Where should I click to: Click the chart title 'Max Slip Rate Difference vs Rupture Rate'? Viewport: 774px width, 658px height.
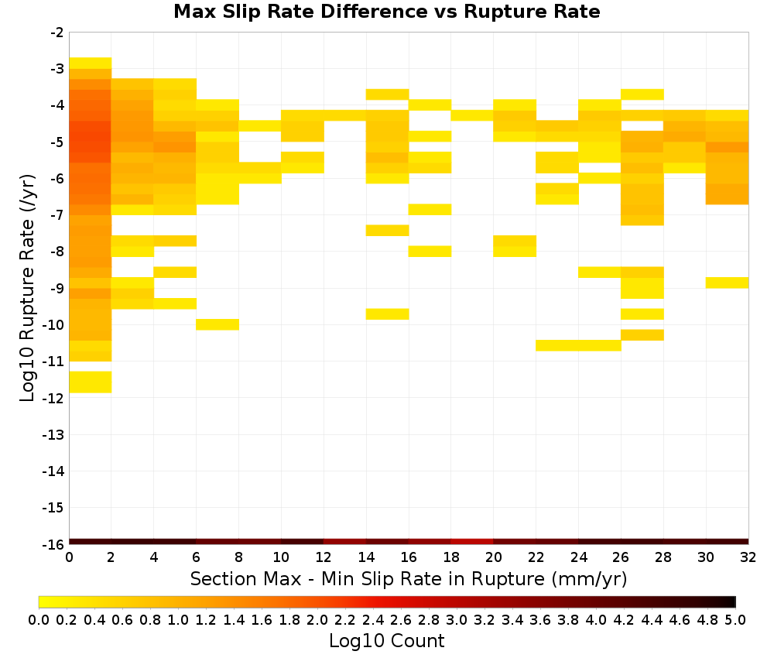386,12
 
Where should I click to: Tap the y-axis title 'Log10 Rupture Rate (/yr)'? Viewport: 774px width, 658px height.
27,288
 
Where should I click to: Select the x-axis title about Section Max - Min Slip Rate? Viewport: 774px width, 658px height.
409,579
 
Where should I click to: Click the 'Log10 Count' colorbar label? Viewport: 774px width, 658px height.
386,641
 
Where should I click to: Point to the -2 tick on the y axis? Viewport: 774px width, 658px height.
57,33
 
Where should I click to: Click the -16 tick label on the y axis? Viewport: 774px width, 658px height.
53,544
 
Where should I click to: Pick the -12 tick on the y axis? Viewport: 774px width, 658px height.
53,399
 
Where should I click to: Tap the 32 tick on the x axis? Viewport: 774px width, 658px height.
748,558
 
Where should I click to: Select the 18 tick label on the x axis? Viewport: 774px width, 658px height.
451,558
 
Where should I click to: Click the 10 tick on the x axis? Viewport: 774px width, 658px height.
282,558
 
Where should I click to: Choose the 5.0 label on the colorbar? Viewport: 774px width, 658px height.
735,620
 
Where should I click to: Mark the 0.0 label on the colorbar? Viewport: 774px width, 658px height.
39,620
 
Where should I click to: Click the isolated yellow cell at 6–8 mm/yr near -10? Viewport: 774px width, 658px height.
217,324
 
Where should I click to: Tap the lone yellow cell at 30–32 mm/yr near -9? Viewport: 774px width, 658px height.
727,283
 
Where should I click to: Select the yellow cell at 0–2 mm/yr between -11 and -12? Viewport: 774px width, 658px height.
91,382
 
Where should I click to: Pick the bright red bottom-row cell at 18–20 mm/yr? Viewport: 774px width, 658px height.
472,542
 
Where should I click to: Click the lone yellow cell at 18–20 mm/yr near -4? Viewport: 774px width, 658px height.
472,115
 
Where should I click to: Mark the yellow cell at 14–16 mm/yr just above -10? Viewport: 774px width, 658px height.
388,314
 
